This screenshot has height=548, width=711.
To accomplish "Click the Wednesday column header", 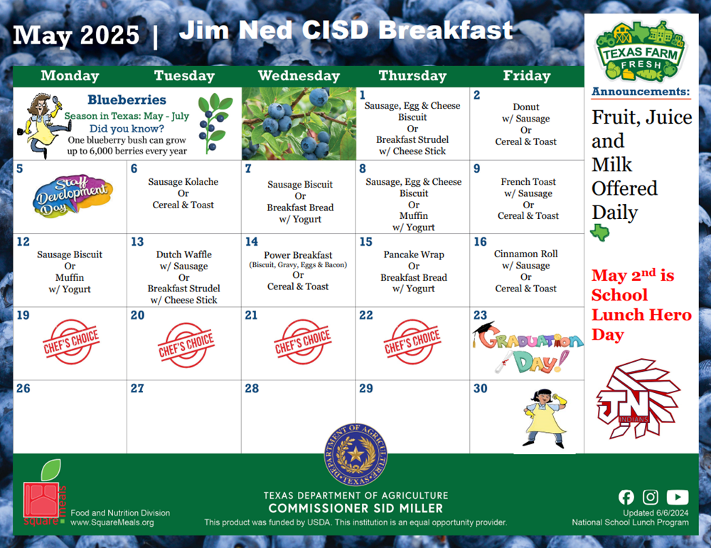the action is (x=299, y=75).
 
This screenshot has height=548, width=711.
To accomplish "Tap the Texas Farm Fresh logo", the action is (x=641, y=51).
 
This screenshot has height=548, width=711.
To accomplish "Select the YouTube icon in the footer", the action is (x=678, y=497).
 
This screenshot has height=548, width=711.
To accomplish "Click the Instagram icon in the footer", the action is (x=651, y=497).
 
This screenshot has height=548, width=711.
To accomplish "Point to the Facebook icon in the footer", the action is (x=626, y=497).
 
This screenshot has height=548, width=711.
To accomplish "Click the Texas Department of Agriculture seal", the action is (x=355, y=455).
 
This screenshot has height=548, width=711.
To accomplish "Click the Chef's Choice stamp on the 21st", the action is (x=302, y=341).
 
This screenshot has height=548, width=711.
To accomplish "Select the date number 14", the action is (x=251, y=242).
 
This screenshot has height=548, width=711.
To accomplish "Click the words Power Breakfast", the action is (x=298, y=255).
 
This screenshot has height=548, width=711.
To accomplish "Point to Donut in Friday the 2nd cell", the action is (x=526, y=107).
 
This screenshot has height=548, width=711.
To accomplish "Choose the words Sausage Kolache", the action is (x=183, y=182).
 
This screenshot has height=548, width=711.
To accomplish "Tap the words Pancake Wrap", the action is (x=414, y=254).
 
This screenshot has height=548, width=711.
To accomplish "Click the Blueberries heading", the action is (x=127, y=100).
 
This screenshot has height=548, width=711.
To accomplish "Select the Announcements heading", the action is (x=641, y=92).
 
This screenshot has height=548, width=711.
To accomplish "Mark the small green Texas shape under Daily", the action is (x=600, y=232).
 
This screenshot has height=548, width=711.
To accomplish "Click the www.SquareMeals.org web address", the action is (x=112, y=522).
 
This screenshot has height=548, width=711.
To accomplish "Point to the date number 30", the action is (x=480, y=389).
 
